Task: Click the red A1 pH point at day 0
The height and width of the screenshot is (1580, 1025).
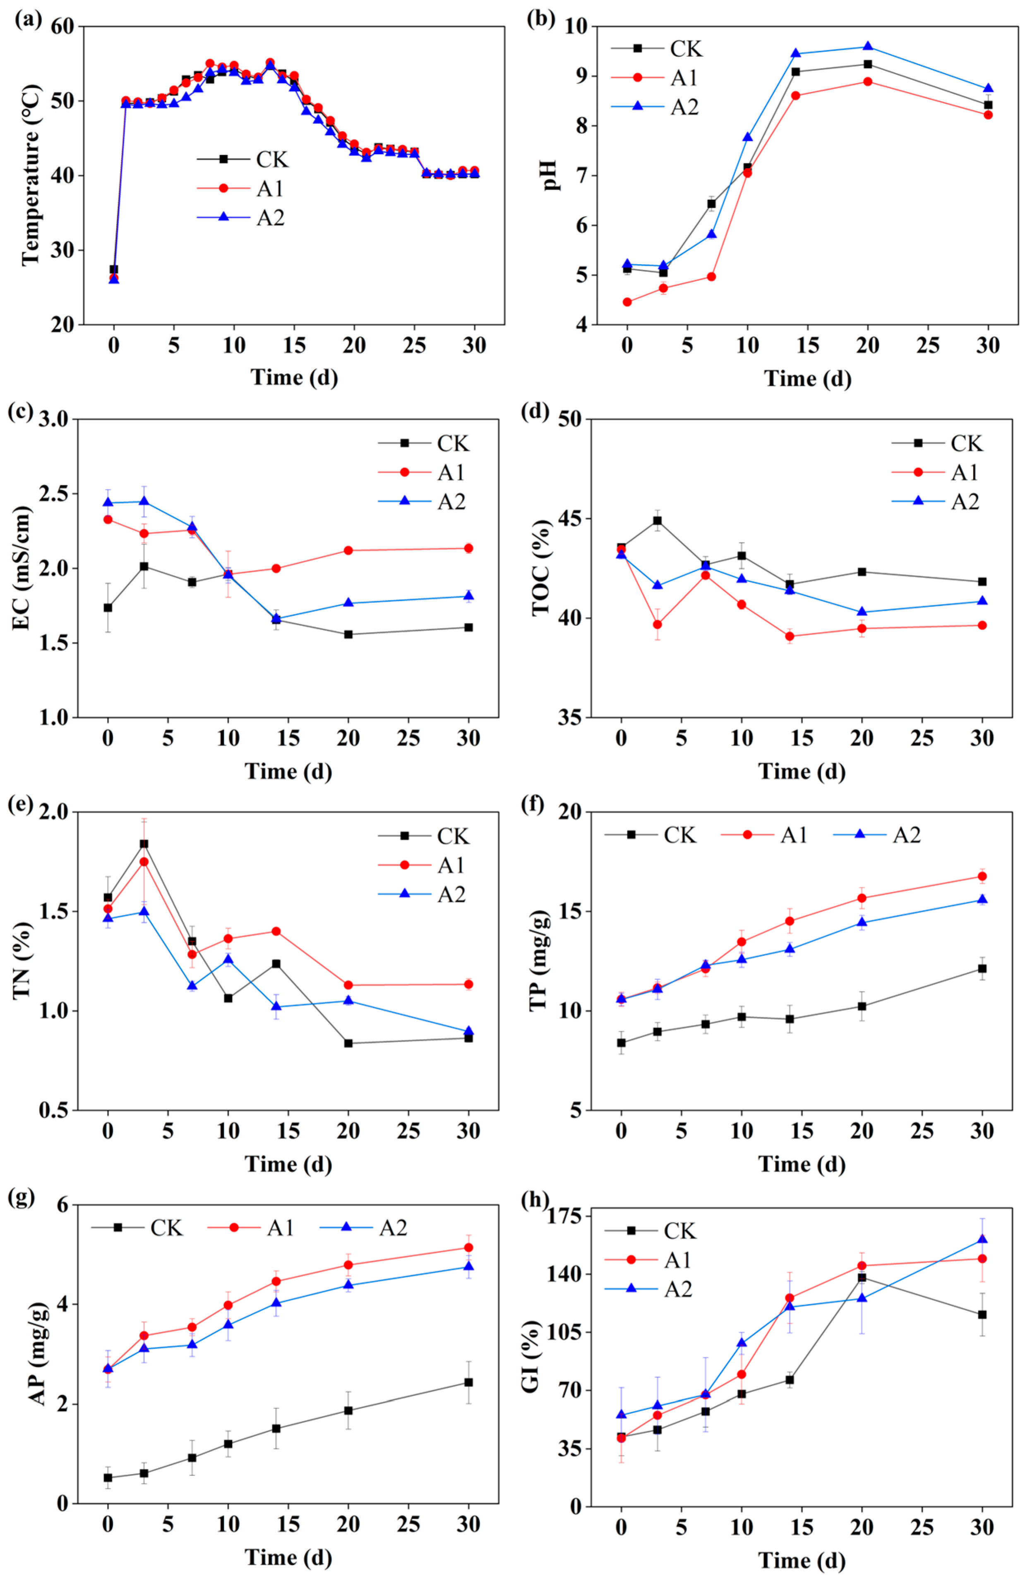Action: (x=627, y=302)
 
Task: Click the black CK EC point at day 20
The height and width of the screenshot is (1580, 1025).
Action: (x=348, y=634)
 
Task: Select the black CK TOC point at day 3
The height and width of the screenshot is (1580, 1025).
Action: (x=657, y=521)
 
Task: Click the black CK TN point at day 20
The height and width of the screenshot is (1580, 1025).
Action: (x=348, y=1043)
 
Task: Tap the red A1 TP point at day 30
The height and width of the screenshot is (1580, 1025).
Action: (x=982, y=876)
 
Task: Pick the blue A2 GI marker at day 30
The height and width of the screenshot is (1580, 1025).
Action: (x=982, y=1239)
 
